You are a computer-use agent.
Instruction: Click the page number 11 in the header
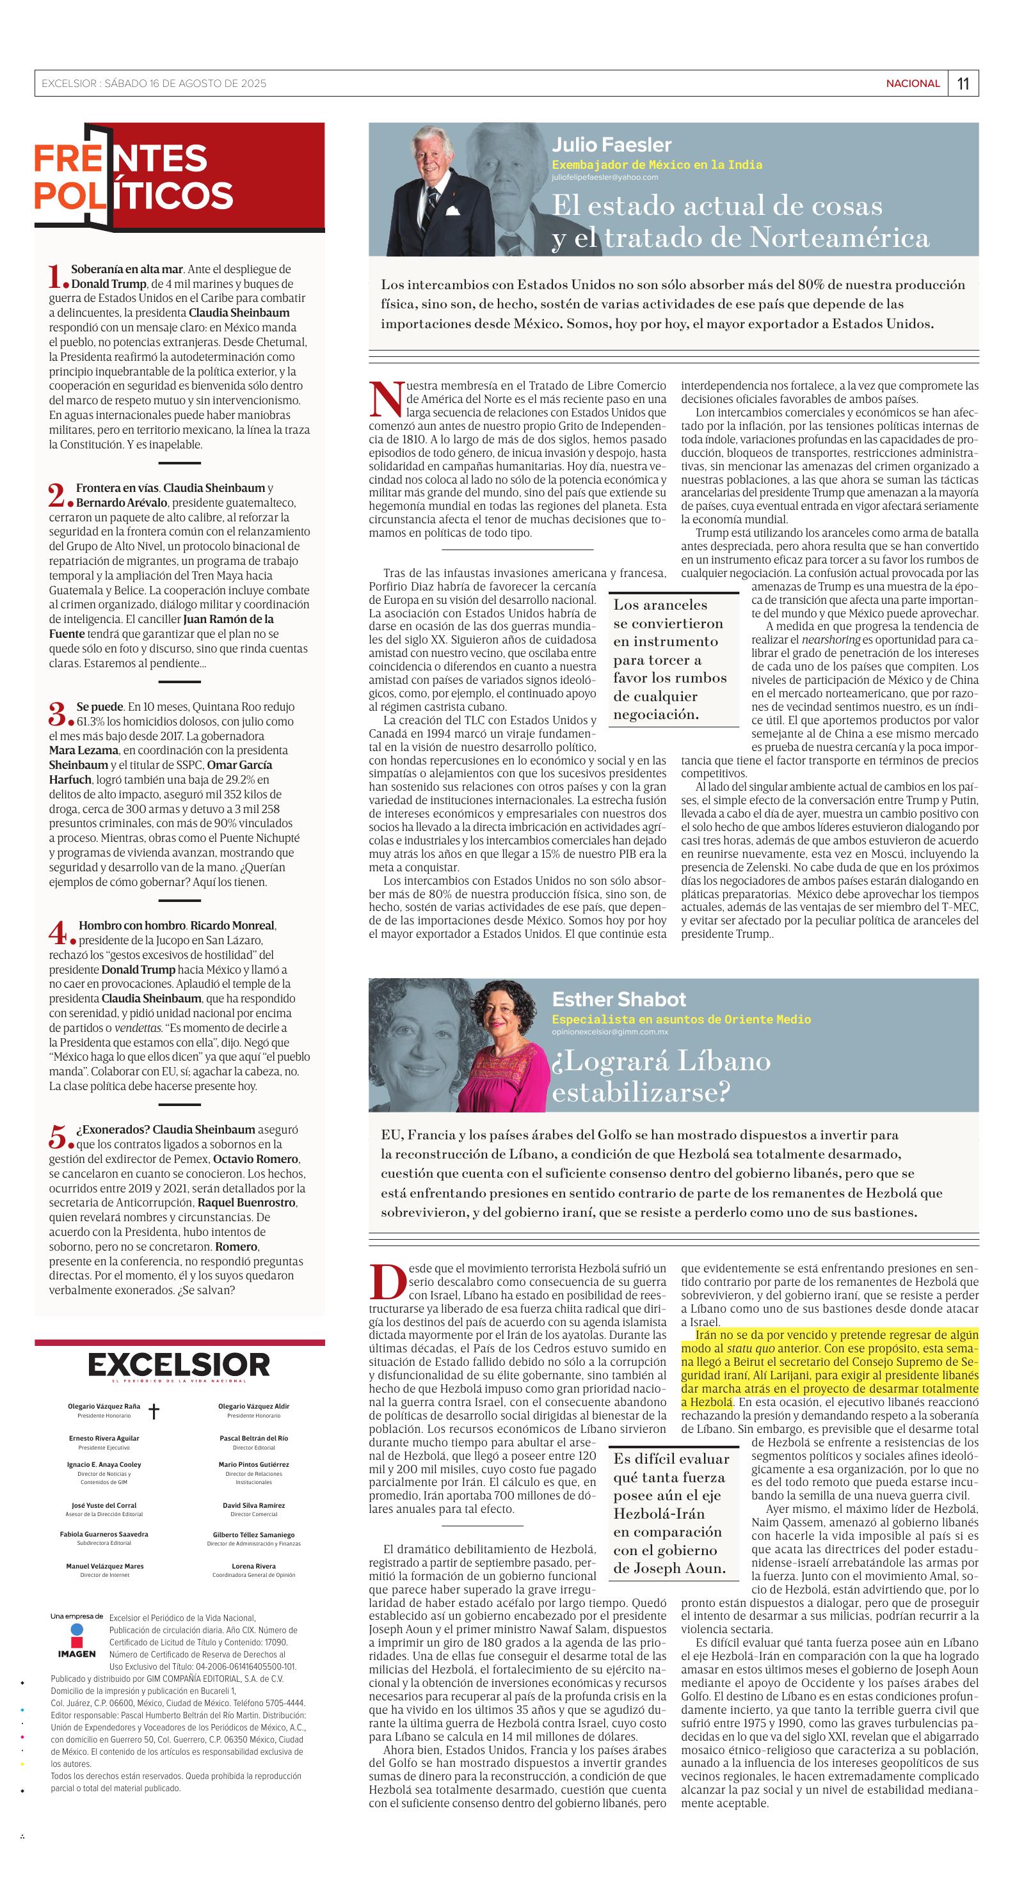(963, 83)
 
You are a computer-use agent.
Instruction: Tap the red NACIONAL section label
(912, 83)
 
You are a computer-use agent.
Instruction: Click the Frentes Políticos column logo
(134, 177)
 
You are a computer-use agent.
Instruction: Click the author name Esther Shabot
(618, 999)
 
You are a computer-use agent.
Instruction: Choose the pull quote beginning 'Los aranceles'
(669, 659)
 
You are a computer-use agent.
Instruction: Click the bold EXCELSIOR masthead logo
(179, 1364)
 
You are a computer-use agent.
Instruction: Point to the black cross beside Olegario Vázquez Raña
(154, 1411)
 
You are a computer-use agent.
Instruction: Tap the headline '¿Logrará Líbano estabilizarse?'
(660, 1076)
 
